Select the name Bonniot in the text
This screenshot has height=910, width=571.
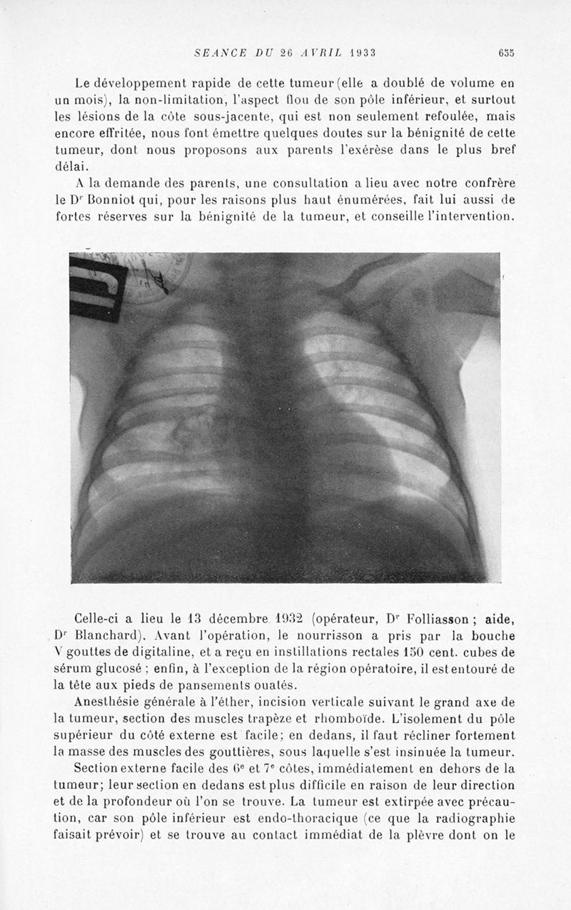118,201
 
